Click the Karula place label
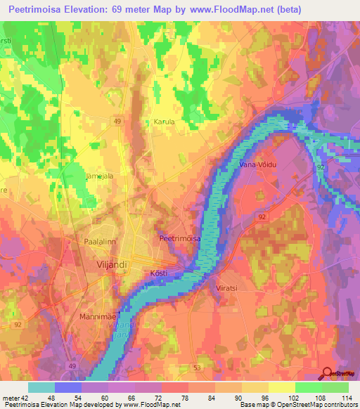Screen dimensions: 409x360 [x=164, y=122]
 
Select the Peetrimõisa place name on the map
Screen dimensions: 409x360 [x=181, y=239]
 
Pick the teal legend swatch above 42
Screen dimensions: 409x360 [x=41, y=387]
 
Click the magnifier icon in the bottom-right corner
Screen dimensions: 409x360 [x=328, y=374]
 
